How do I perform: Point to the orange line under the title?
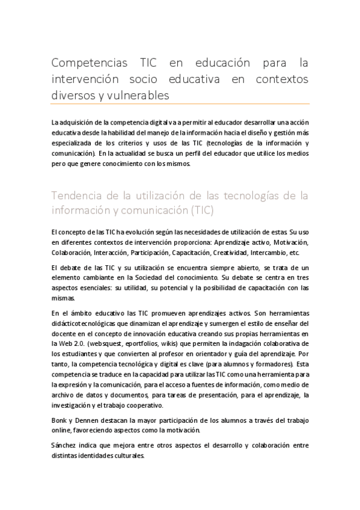(180, 103)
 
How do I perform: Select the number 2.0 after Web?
(75, 342)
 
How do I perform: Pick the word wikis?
(169, 342)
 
